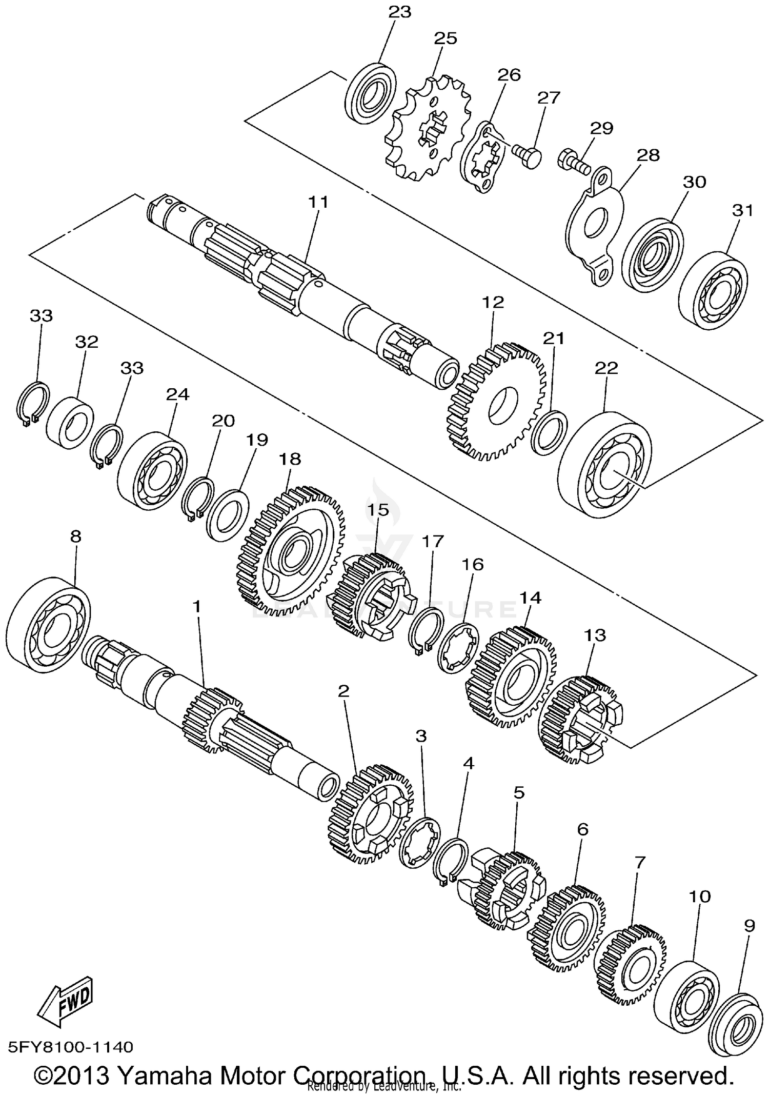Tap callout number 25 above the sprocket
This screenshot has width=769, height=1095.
coord(445,38)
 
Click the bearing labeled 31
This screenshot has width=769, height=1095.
coord(713,290)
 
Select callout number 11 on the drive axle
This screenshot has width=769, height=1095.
coord(318,202)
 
